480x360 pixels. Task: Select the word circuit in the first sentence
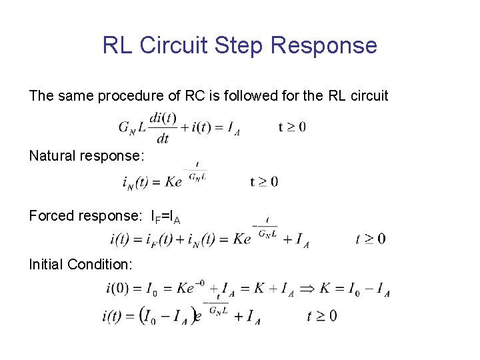368,96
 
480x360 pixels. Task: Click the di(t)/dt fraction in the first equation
163,127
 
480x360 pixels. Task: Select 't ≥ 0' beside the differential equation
292,127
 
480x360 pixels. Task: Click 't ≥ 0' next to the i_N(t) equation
264,181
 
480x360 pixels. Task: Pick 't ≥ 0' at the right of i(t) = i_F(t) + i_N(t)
371,239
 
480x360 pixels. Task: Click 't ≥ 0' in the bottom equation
322,316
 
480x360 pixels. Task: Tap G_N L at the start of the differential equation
131,128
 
